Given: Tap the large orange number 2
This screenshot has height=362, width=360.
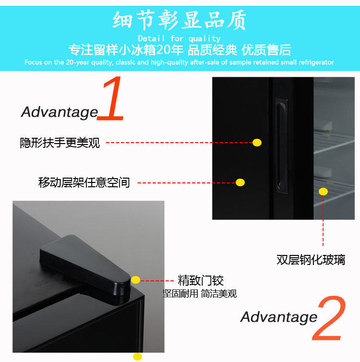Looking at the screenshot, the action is pos(329,318).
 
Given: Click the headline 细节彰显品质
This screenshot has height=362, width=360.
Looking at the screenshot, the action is pos(180,20).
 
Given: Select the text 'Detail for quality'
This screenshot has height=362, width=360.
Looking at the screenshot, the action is pos(180,38).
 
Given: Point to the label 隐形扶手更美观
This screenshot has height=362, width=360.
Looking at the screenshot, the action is pos(60,143).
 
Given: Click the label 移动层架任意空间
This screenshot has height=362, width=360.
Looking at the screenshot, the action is pos(84,182).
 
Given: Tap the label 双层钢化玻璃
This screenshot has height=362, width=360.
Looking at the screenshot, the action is pos(311,260).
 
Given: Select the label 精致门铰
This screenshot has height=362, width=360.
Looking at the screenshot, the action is pos(201,280).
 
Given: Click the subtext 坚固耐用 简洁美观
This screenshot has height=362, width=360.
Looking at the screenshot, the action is pos(200,294).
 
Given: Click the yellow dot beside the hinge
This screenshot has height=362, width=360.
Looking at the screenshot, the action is pos(136,280).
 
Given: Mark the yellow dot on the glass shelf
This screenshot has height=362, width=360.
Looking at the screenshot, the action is pos(323,192).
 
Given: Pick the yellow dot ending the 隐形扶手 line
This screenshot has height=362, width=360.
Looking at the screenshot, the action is pos(257,143).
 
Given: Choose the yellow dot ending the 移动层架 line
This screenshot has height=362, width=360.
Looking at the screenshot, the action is pos(240,182).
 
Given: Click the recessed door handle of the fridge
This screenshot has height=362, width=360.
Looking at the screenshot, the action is pos(282,146).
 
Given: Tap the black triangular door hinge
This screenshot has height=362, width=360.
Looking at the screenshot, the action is pos(85,268).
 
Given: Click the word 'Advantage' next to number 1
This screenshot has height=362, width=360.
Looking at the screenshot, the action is pos(60,112).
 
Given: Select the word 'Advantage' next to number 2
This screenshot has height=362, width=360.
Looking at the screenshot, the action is pos(279,317).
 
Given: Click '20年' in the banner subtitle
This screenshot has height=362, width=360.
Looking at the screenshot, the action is pos(169,50).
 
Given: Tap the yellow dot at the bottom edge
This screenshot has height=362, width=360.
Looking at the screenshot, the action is pos(138,357).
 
